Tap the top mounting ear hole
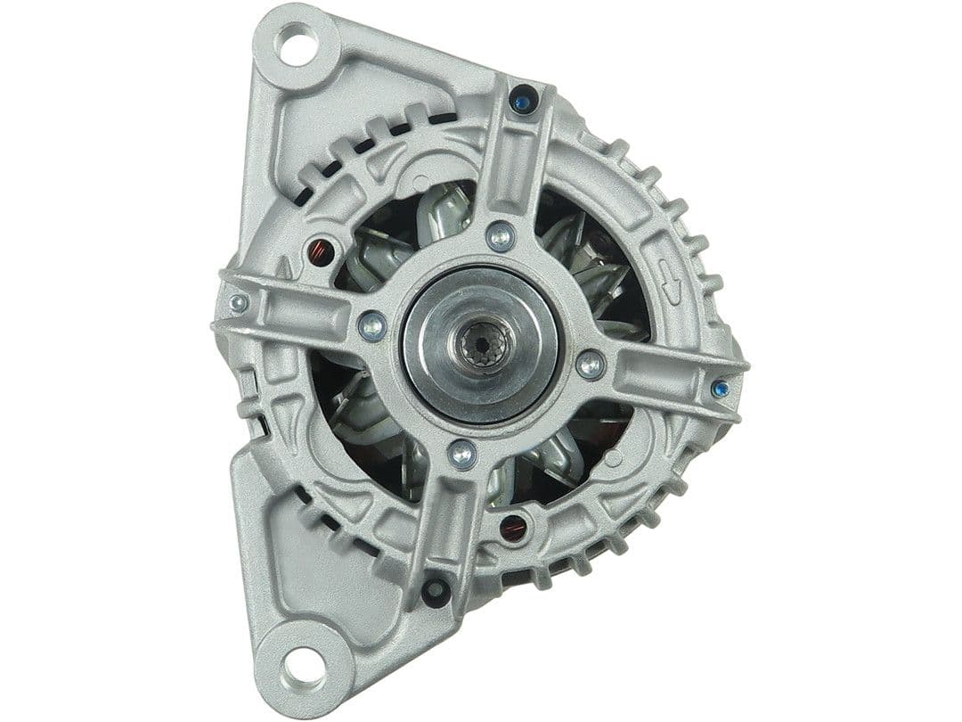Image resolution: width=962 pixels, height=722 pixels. coord(296,47)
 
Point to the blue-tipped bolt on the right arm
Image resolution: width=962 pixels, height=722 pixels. coord(720,388)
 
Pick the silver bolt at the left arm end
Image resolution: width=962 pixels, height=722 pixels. coord(238,303)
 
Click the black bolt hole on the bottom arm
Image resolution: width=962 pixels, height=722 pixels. coord(435,590)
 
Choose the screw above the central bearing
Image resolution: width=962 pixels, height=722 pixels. coord(501,236)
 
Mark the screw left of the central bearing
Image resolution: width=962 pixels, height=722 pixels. coord(372,325)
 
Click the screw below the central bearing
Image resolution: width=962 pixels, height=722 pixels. coord(461,455)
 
